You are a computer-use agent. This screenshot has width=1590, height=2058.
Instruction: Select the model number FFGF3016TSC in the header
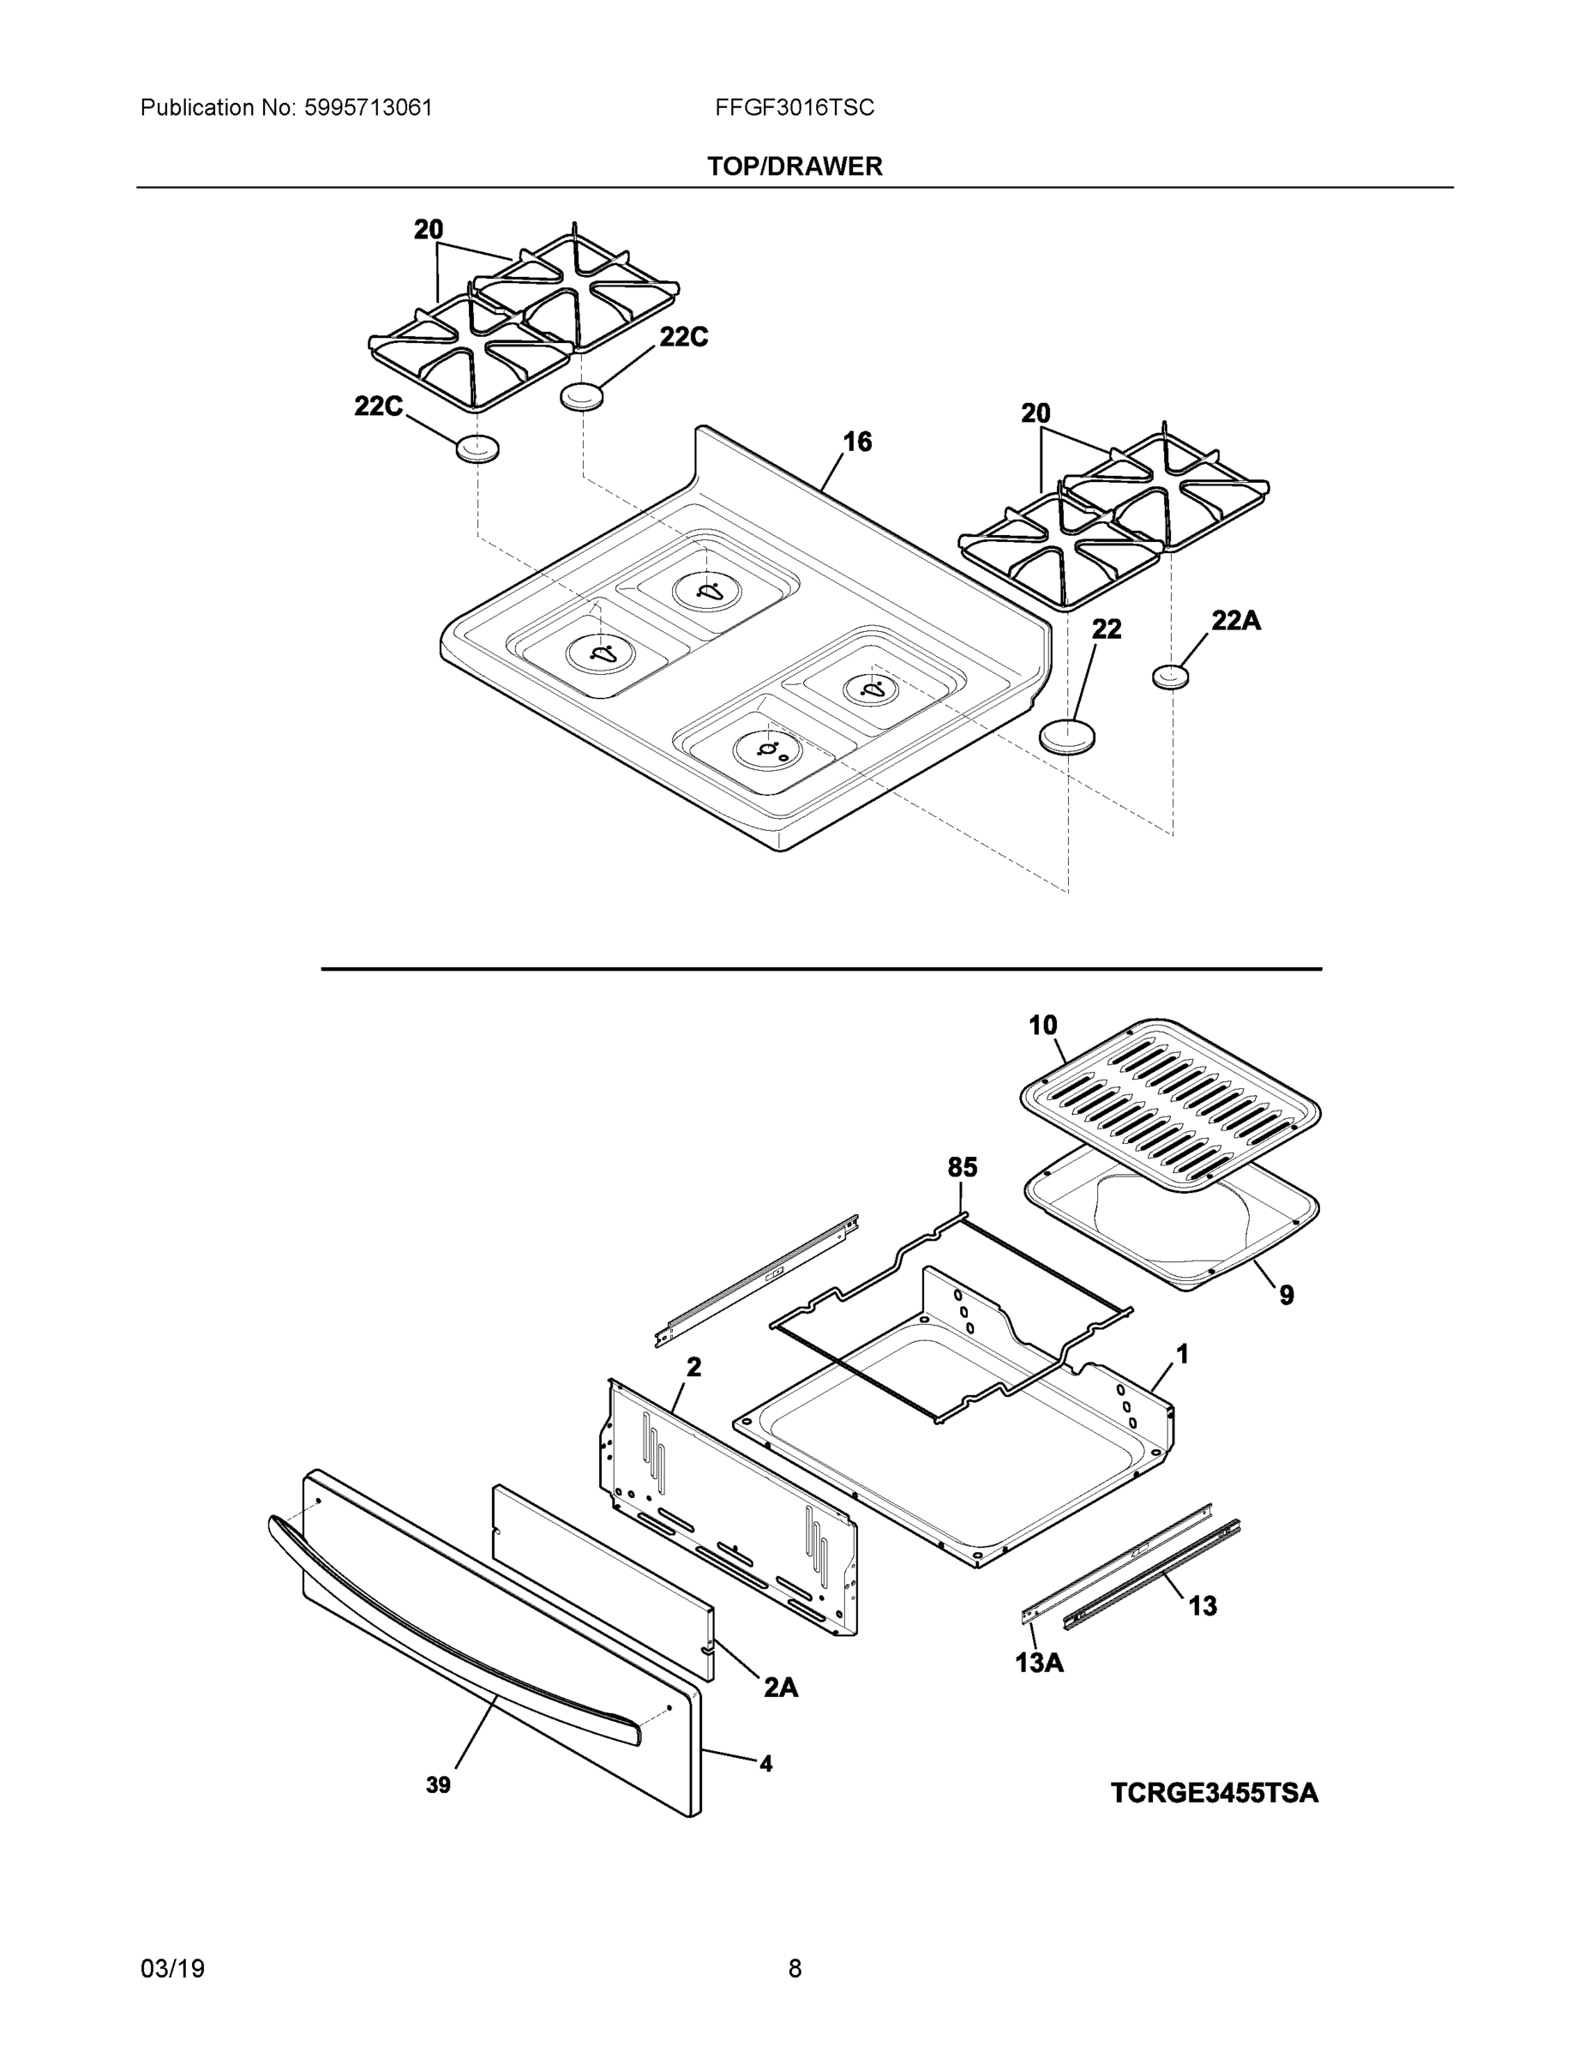pos(794,108)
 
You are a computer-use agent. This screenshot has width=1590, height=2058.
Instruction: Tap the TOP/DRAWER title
pos(794,167)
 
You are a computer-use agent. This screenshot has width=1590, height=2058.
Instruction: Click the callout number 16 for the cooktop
pos(856,442)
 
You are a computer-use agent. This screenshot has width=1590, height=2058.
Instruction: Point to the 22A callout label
pos(1235,620)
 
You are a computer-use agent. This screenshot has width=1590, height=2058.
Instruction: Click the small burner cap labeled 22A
pos(1170,677)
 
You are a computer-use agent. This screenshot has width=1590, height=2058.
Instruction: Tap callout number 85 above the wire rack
pos(962,1168)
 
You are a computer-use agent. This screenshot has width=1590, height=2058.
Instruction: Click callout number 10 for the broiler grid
pos(1043,1026)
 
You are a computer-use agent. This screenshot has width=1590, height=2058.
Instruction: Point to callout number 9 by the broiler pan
pos(1286,1296)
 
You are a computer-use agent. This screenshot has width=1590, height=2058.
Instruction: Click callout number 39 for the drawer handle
pos(438,1784)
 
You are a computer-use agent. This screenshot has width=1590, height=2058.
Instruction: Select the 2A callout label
pos(780,1688)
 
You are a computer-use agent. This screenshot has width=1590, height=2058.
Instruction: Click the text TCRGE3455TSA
pos(1215,1792)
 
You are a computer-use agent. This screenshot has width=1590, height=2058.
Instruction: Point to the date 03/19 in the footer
pos(172,1969)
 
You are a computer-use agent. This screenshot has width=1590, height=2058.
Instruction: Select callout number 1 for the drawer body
pos(1182,1355)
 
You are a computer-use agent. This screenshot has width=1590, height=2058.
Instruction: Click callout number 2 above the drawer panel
pos(693,1366)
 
